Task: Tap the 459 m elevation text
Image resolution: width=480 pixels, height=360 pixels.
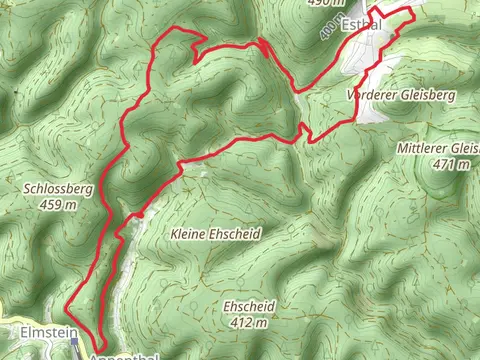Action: tap(56, 205)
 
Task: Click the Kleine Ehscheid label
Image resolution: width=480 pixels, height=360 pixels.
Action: tap(216, 233)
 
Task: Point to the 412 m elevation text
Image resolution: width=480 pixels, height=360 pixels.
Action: tap(248, 323)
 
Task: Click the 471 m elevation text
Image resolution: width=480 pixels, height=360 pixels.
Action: tap(450, 164)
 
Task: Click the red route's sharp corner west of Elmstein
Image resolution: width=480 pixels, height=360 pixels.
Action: tap(67, 304)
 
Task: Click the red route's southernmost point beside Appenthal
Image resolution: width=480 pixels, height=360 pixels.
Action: tap(103, 351)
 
